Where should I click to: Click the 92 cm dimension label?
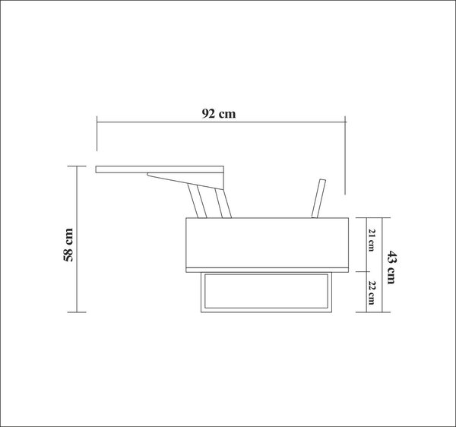(219, 114)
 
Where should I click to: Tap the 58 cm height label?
(68, 245)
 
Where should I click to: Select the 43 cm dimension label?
(391, 267)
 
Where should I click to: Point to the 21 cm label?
(372, 240)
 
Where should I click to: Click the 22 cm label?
(372, 293)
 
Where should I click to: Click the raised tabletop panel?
(160, 169)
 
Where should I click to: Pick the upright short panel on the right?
(318, 198)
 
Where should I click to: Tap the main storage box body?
(268, 242)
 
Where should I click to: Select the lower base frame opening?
(266, 291)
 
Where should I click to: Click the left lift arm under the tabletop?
(197, 201)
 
